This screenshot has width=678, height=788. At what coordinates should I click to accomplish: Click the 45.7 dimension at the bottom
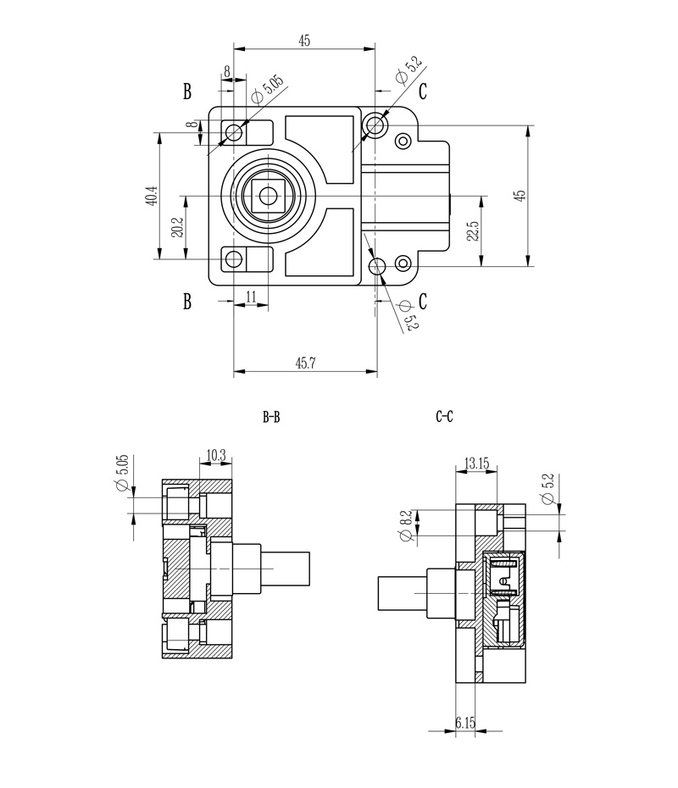click(x=305, y=363)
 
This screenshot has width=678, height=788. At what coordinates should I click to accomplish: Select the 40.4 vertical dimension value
click(x=151, y=196)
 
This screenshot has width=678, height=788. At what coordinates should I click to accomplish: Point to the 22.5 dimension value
click(x=474, y=230)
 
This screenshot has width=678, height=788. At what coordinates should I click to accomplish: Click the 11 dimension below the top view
click(x=251, y=296)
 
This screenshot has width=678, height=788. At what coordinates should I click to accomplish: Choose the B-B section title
click(x=271, y=417)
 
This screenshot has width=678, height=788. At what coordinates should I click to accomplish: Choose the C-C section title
click(x=444, y=417)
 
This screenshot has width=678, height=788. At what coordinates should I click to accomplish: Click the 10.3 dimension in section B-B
click(x=215, y=455)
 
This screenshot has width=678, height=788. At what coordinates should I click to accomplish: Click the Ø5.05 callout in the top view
click(x=270, y=90)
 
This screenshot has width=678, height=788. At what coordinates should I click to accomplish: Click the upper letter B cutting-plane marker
click(x=187, y=92)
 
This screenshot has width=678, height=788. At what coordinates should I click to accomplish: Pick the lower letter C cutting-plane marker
click(x=422, y=302)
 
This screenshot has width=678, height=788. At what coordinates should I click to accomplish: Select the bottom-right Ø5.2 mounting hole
click(x=378, y=267)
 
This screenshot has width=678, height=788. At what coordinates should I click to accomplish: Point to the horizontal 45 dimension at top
click(x=304, y=40)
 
